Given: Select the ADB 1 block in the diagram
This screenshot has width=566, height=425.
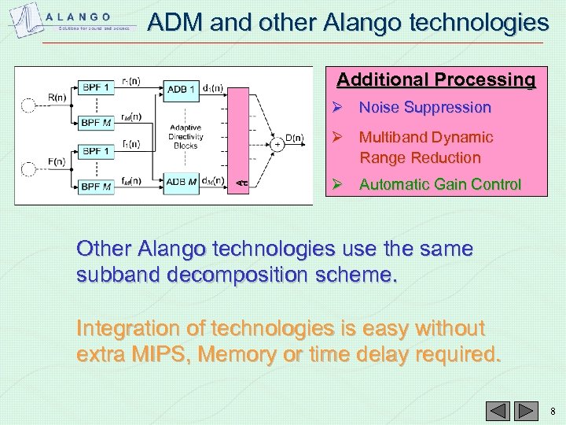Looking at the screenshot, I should (x=182, y=89).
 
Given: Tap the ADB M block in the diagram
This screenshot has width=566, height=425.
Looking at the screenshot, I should (x=182, y=183).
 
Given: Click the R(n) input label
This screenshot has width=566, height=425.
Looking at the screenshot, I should (x=57, y=98).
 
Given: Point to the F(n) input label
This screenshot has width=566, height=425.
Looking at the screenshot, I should (x=56, y=162).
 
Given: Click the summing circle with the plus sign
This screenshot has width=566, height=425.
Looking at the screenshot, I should (x=277, y=144).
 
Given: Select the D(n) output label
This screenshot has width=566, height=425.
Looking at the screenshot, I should (x=293, y=138).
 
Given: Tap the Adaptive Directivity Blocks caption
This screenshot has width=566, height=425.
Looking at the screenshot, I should (x=186, y=136).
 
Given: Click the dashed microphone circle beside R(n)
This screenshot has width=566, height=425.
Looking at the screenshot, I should (x=29, y=105).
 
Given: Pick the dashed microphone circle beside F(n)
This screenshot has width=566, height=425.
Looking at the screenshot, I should (x=29, y=169).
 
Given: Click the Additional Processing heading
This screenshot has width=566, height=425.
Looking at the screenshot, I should (x=436, y=79).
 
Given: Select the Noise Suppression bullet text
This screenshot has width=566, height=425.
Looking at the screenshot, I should (x=424, y=107).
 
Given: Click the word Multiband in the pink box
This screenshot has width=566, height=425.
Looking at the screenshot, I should (x=392, y=137).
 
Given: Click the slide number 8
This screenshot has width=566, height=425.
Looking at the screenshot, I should (x=553, y=411).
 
